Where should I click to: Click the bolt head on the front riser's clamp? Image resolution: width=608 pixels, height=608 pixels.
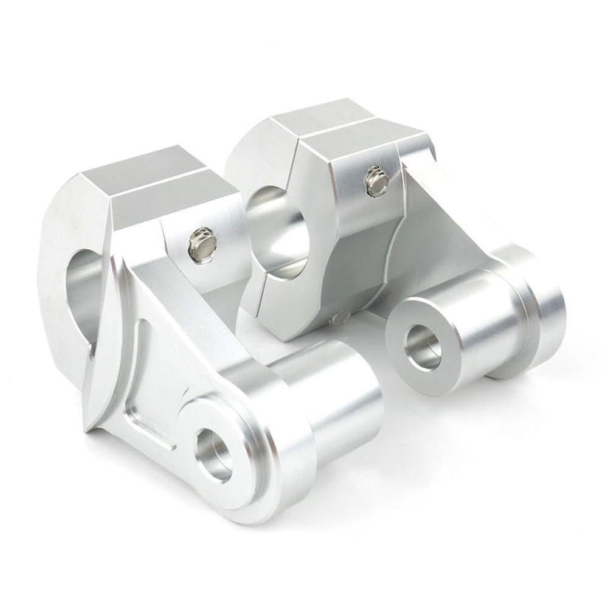[x=202, y=243]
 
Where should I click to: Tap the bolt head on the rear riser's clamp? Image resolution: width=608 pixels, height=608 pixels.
[x=377, y=182]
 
